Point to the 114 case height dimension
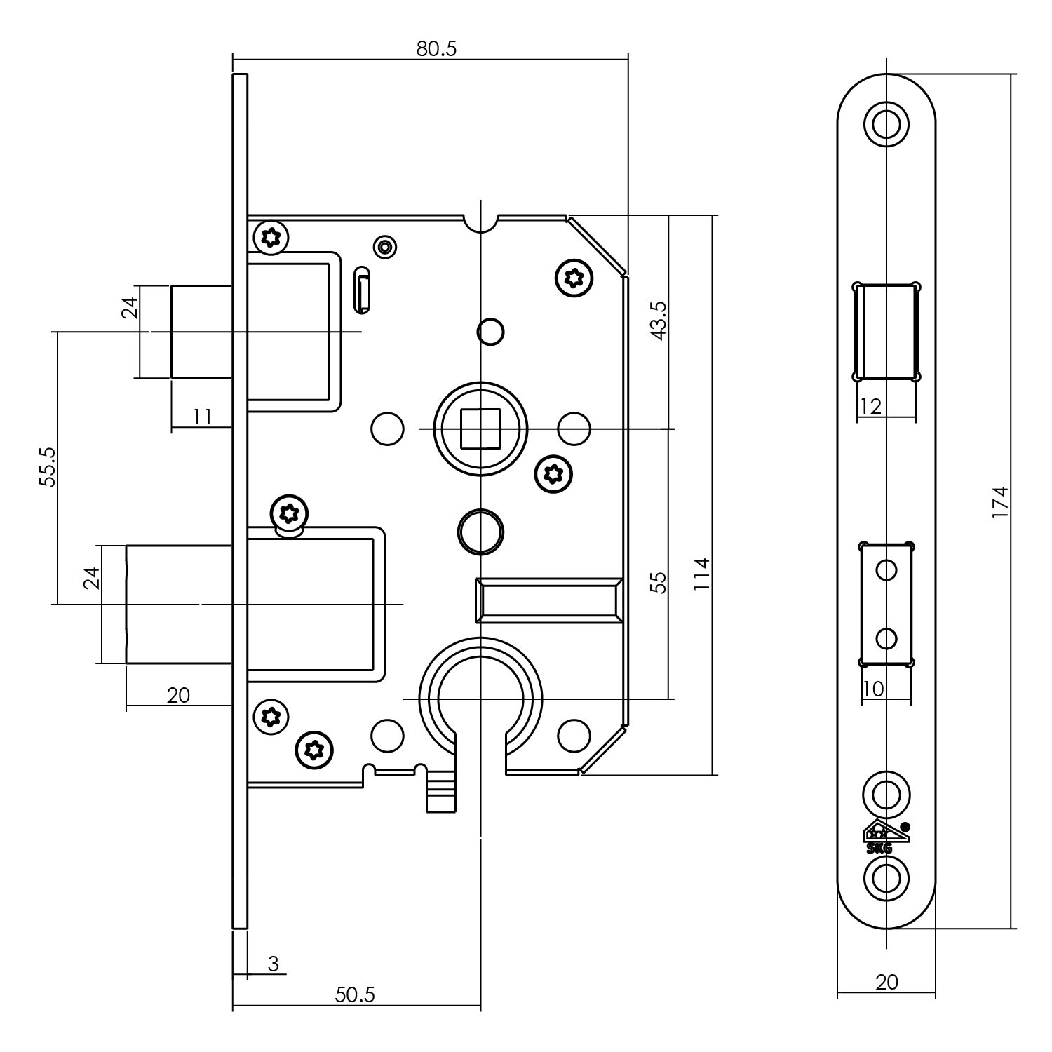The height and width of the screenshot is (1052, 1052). click(x=702, y=574)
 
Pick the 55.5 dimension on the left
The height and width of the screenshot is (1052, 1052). click(x=48, y=468)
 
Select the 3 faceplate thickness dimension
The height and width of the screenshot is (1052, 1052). click(x=274, y=964)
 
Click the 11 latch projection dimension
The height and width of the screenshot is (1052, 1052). click(x=202, y=417)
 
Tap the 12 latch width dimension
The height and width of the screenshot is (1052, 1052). click(x=870, y=406)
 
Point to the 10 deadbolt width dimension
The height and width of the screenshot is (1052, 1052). click(x=873, y=689)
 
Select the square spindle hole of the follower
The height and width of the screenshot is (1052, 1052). click(x=480, y=429)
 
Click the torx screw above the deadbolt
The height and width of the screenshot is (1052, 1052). click(x=290, y=514)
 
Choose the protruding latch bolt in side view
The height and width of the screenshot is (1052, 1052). click(x=202, y=332)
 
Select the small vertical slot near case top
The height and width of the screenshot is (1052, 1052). click(x=362, y=289)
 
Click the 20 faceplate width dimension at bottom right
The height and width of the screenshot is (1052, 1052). click(x=886, y=982)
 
